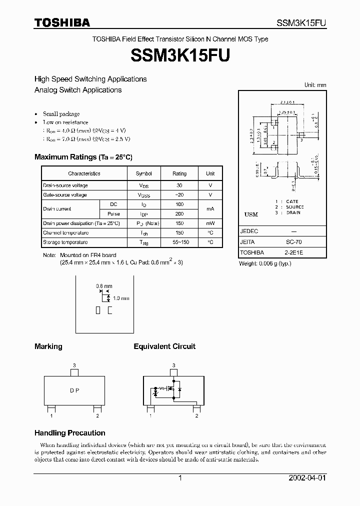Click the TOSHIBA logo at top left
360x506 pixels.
click(x=62, y=22)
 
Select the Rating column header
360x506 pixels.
click(x=179, y=173)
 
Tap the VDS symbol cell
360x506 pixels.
click(x=143, y=185)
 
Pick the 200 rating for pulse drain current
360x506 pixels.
click(x=179, y=213)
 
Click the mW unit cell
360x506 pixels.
click(x=210, y=223)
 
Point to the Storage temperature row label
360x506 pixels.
click(x=66, y=242)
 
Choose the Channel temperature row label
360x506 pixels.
click(x=66, y=232)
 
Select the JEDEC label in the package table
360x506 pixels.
click(x=249, y=232)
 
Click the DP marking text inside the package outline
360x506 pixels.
click(x=74, y=390)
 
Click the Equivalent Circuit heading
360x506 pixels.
click(x=164, y=346)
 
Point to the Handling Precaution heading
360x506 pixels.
click(x=70, y=433)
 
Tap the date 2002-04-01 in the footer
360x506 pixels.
click(x=307, y=478)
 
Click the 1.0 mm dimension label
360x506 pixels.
click(x=121, y=298)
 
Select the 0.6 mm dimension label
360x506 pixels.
click(x=103, y=286)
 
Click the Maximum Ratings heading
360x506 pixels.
click(x=83, y=157)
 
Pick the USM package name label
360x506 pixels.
click(x=251, y=214)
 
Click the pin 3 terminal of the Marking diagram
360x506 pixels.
click(x=74, y=372)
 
